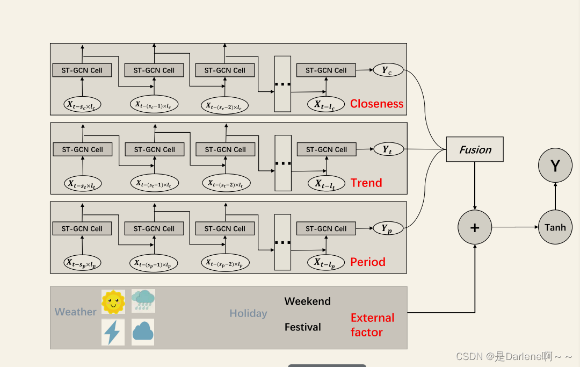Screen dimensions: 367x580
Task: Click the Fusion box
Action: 475,149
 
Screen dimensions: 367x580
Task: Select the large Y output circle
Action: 555,165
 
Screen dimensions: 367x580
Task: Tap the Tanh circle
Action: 555,227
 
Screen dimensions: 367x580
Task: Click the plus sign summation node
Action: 475,227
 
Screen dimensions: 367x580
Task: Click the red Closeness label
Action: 376,104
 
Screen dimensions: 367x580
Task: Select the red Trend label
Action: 366,183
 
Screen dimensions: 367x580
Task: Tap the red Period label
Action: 368,262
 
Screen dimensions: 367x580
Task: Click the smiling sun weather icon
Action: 113,301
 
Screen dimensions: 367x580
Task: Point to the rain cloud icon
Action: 143,301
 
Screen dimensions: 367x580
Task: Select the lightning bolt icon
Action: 113,332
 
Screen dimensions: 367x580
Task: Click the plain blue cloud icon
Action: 143,332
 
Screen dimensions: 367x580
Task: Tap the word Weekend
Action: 307,301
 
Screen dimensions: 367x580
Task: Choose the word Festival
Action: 302,327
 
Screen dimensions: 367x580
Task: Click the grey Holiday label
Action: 248,313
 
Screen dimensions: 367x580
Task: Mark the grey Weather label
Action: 76,312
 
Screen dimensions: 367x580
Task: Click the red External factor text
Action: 372,325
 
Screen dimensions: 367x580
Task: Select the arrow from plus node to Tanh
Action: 514,227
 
